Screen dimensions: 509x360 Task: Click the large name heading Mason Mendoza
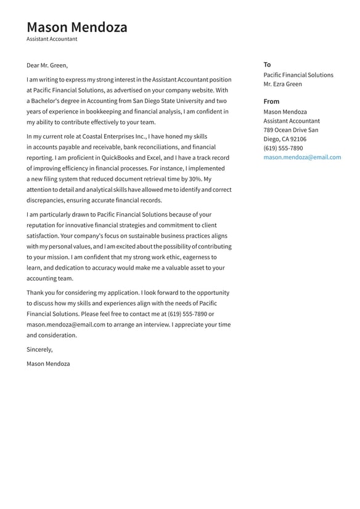coord(77,27)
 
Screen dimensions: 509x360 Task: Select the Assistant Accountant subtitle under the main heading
coord(52,39)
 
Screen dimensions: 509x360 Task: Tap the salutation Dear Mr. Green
coord(47,65)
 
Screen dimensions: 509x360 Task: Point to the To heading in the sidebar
coord(267,64)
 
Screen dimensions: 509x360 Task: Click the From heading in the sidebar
coord(271,101)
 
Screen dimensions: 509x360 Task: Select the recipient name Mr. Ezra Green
coord(282,84)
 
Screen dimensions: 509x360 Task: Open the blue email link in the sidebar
coord(302,157)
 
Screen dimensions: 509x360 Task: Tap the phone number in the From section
coord(283,148)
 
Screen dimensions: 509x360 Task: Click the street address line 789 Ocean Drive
coord(285,130)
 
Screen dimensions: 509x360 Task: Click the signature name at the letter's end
coord(48,363)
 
